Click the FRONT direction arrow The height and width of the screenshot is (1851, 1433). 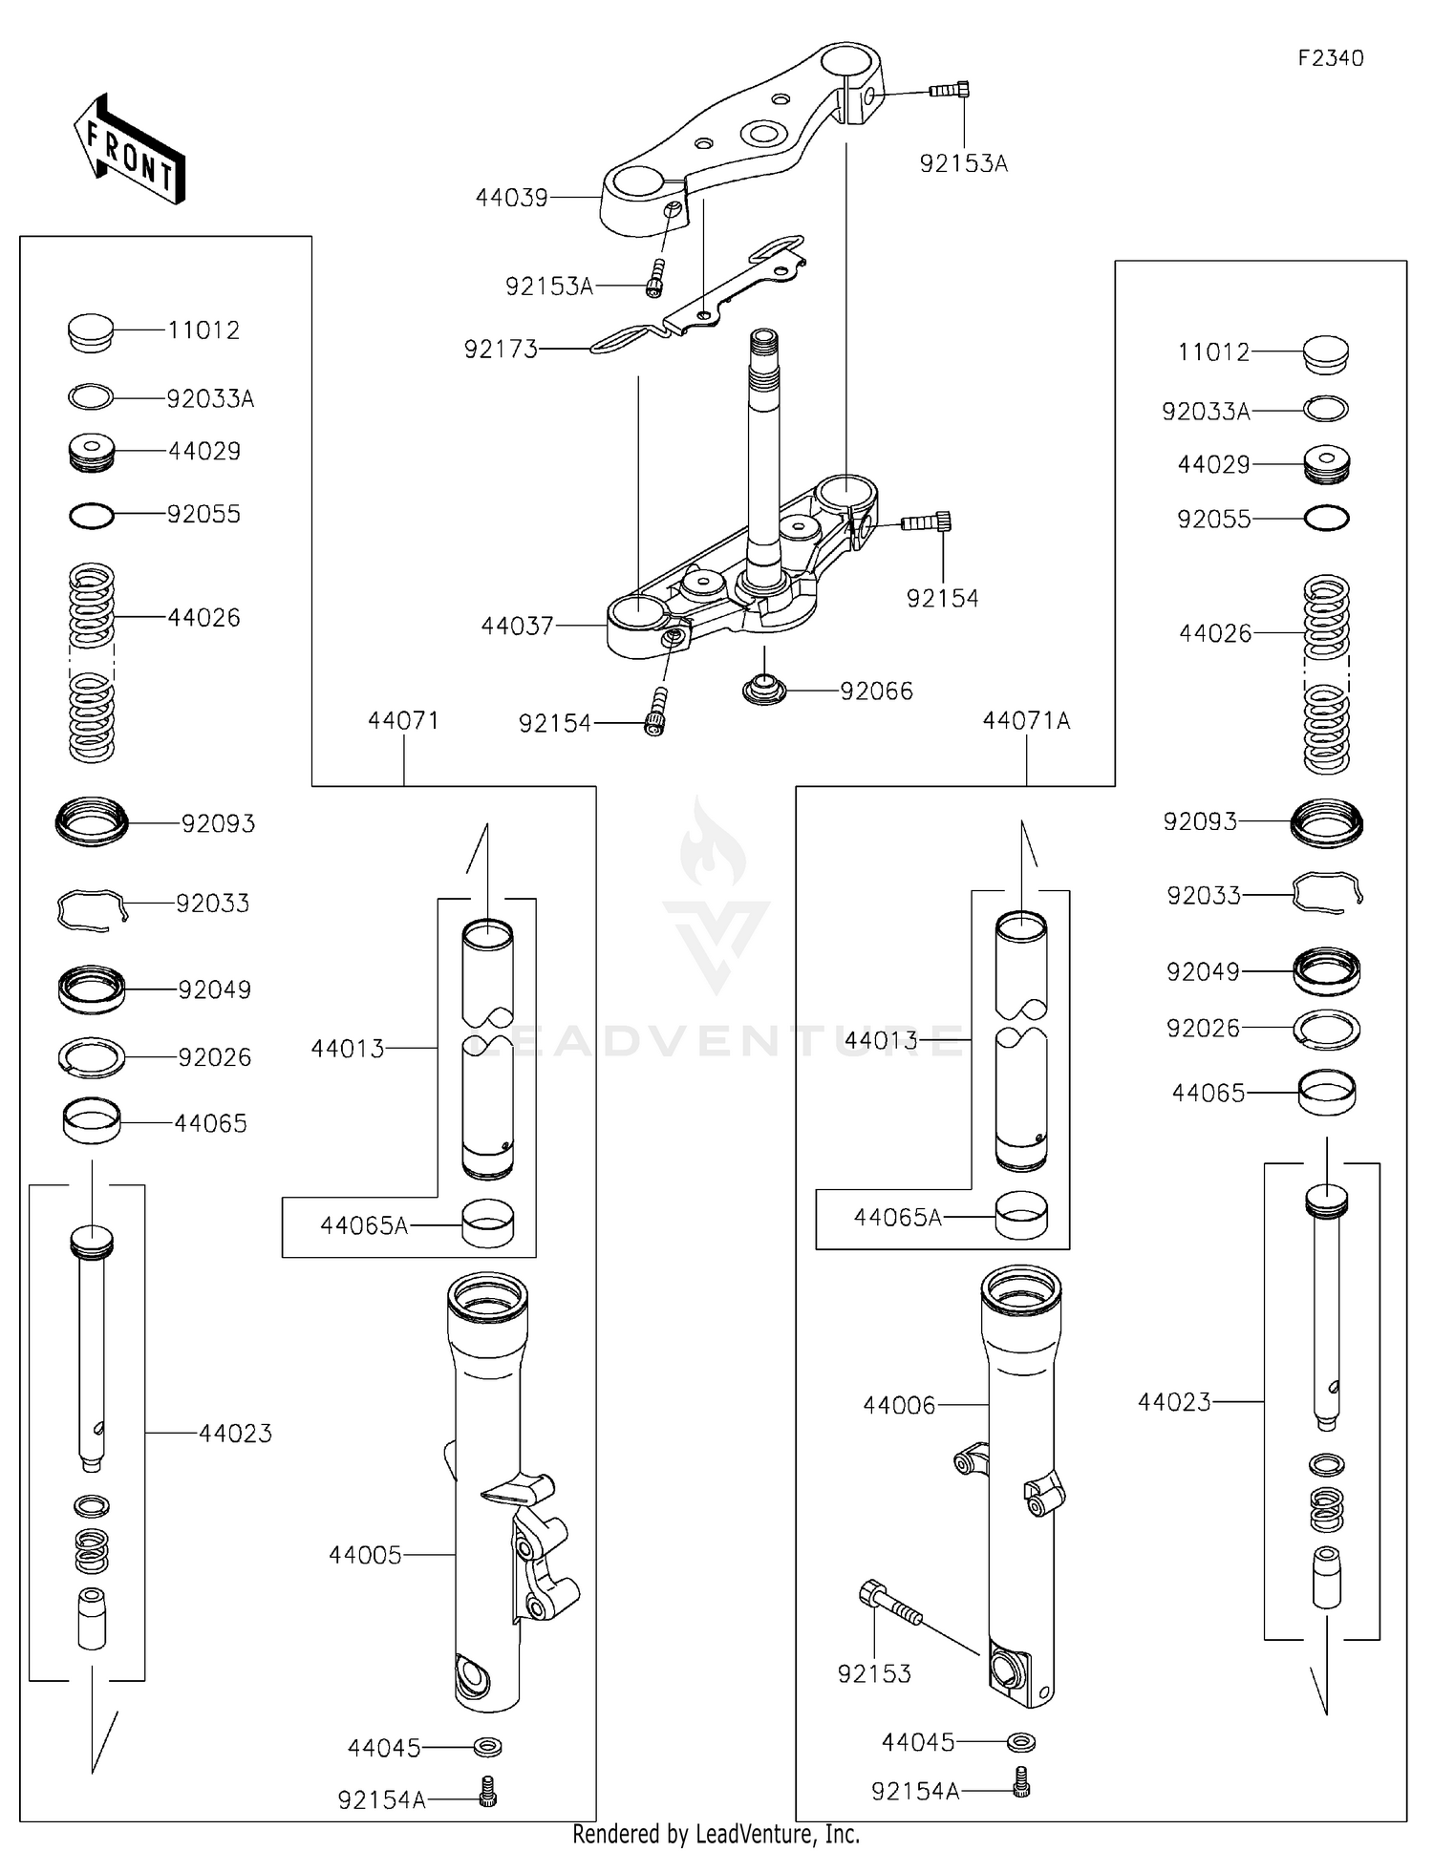[129, 151]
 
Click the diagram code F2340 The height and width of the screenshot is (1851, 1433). [1330, 58]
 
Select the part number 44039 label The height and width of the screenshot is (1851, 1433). [512, 198]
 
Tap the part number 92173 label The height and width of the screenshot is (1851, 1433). [501, 350]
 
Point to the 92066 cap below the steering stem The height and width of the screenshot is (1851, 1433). [764, 688]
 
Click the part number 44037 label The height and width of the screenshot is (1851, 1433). [517, 626]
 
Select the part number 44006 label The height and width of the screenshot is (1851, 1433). [899, 1405]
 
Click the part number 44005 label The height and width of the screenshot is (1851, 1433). [365, 1555]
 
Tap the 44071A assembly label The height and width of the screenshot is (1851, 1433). [1026, 721]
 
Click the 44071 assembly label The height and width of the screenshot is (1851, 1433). [403, 720]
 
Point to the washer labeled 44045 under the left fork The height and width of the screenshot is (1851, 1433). [488, 1747]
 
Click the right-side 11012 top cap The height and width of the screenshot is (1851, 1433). [1326, 355]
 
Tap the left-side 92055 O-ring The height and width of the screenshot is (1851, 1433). [92, 516]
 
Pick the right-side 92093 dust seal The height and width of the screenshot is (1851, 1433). [1326, 823]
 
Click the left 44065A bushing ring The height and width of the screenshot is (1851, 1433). [487, 1223]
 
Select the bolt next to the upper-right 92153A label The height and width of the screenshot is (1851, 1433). [950, 90]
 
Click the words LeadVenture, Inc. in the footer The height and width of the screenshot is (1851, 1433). [777, 1835]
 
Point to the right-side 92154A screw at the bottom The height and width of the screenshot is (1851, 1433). [1020, 1782]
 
